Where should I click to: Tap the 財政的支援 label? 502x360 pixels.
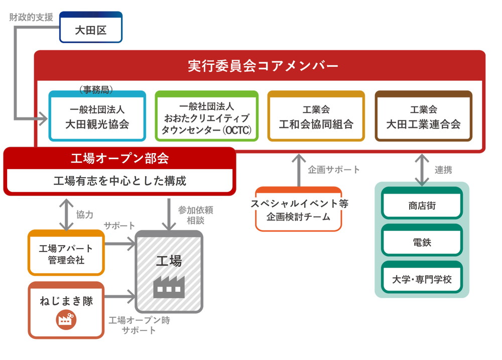[31, 17]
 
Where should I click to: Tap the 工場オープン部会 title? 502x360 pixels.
[119, 159]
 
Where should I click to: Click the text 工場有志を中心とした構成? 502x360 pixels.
[119, 181]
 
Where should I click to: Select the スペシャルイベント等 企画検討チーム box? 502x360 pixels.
[299, 209]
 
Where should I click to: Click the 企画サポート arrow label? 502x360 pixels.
[334, 170]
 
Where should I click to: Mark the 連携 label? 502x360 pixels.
[443, 170]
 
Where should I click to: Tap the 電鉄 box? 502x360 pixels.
[422, 242]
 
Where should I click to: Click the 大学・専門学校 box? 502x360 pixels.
[422, 279]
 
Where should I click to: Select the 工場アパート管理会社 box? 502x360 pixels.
[66, 253]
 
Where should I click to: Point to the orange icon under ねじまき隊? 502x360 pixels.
[66, 319]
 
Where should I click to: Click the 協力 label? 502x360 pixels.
[85, 214]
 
